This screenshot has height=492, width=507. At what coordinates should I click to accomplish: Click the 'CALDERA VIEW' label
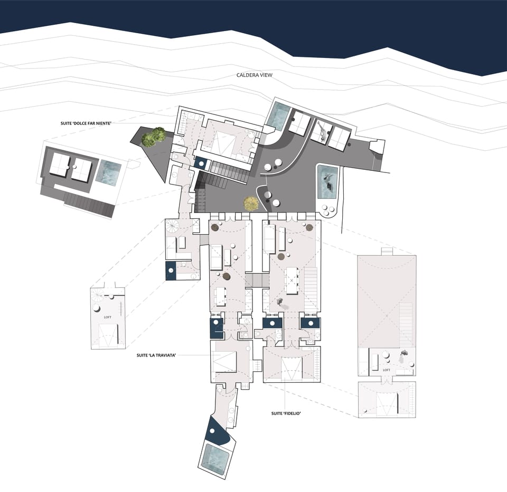[x=255, y=75]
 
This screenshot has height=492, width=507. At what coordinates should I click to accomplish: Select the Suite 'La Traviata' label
[x=156, y=355]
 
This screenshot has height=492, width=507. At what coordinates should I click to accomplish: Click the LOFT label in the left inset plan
[x=108, y=318]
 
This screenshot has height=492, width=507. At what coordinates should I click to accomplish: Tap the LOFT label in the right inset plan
[x=387, y=370]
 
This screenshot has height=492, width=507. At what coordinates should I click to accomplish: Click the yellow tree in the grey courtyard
[x=251, y=204]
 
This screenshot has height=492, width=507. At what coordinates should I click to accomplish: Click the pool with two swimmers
[x=328, y=181]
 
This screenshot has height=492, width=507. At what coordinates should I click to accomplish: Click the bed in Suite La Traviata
[x=224, y=362]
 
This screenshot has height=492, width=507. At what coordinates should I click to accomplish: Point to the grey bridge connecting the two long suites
[x=258, y=280]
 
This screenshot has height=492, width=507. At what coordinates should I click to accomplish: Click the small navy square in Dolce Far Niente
[x=201, y=163]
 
